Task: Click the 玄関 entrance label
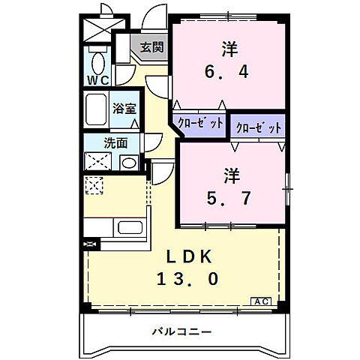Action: click(x=151, y=47)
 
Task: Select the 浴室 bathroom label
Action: click(x=124, y=109)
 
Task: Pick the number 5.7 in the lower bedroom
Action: click(x=230, y=199)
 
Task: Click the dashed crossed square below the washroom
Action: click(x=95, y=184)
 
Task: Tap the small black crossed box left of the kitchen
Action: click(x=91, y=244)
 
